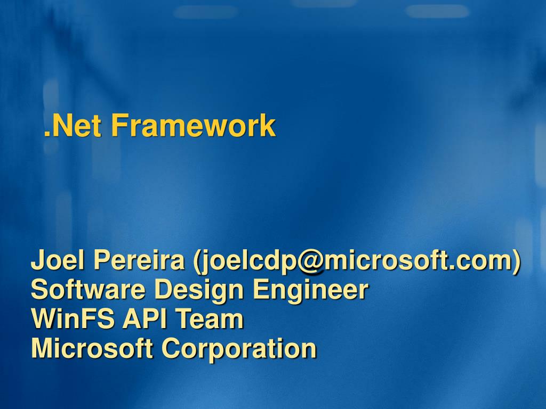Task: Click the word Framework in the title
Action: coord(194,126)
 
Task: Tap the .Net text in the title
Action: coord(73,126)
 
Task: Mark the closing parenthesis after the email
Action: coord(516,261)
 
